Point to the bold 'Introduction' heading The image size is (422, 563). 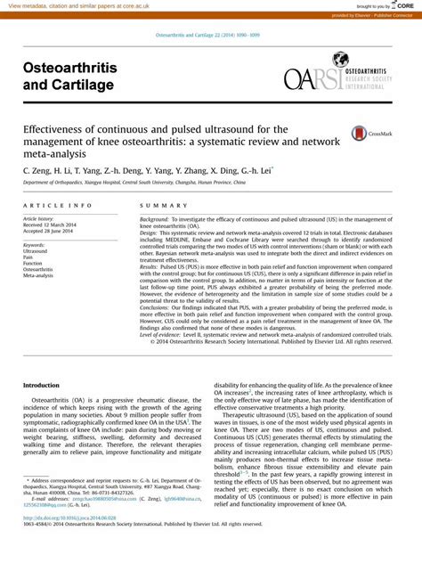[x=41, y=385]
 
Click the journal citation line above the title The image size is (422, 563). [x=211, y=35]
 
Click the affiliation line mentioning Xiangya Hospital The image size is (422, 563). [x=134, y=182]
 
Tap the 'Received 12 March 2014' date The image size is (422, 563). [x=50, y=225]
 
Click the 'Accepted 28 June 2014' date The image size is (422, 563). [x=49, y=232]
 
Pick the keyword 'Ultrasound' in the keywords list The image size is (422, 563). [x=37, y=251]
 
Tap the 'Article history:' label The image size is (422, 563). [x=38, y=218]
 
